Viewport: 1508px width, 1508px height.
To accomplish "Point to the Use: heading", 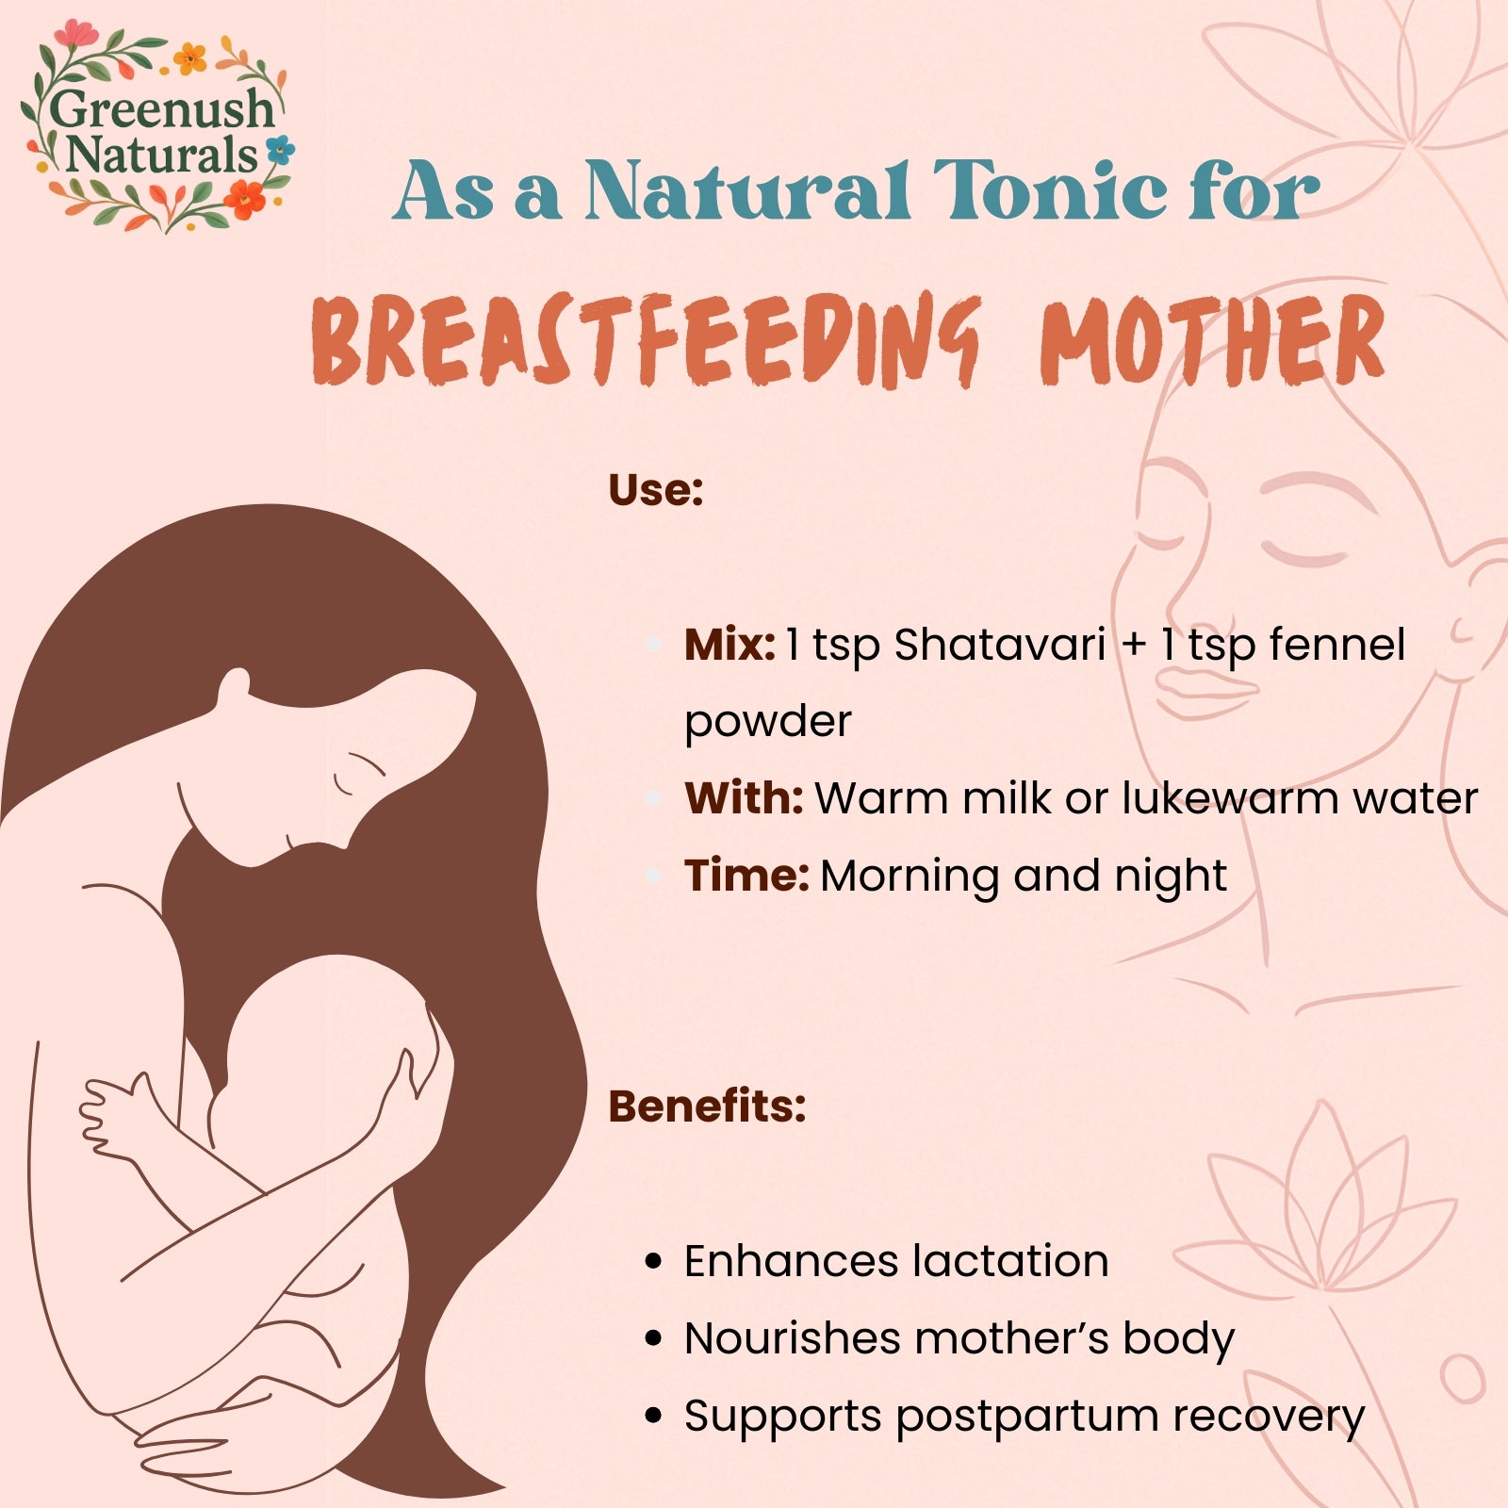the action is point(656,490).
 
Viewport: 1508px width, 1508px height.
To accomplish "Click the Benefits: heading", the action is point(707,1106).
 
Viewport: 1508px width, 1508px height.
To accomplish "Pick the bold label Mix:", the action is point(729,645).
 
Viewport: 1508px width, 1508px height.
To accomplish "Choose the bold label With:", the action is point(744,798).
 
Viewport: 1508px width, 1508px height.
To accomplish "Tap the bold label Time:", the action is point(746,876).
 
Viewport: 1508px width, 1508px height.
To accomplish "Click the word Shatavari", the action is point(999,645).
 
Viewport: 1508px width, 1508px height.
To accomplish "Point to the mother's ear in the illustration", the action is point(234,688).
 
